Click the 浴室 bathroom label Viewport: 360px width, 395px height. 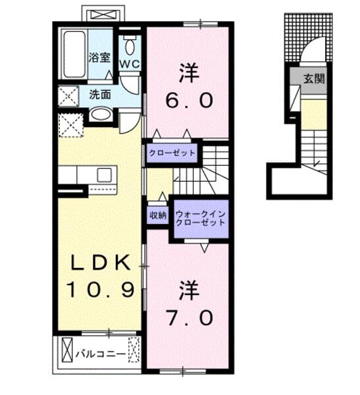point(99,57)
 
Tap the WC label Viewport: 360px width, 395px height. point(130,65)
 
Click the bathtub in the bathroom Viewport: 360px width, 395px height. point(74,54)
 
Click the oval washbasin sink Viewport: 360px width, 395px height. point(101,115)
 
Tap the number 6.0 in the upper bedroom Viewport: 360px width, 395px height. point(189,101)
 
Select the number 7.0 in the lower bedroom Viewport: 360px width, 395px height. point(190,318)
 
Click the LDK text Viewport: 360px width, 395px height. point(100,263)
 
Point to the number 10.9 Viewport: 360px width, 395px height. point(100,290)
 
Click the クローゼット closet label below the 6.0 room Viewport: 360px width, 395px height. point(172,153)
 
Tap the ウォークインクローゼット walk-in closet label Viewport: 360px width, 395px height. point(200,218)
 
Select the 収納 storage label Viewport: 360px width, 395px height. point(158,215)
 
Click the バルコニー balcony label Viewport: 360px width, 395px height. point(101,354)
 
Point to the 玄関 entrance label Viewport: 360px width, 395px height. point(314,79)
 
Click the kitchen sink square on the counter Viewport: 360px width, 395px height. point(104,175)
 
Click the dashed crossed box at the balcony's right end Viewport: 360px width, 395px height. point(134,350)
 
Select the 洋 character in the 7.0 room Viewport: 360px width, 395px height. point(189,291)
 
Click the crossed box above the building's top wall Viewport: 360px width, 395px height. point(103,14)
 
